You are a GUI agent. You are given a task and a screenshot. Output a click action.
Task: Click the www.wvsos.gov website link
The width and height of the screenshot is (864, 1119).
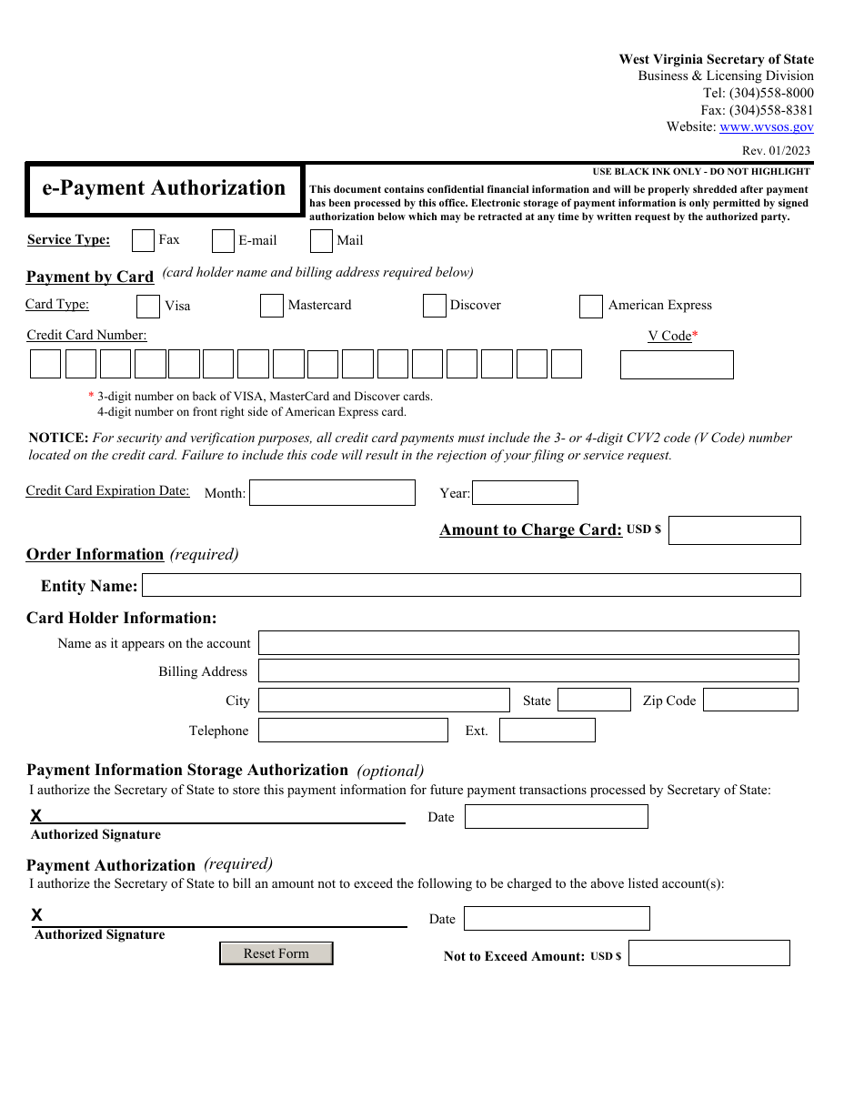coord(766,127)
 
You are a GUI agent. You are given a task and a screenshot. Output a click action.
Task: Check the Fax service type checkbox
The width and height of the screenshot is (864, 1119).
coord(143,241)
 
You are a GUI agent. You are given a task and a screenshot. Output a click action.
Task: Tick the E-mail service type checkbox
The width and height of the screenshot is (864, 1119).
coord(223,241)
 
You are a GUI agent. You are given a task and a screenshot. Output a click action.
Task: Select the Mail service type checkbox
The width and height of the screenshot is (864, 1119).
coord(321,241)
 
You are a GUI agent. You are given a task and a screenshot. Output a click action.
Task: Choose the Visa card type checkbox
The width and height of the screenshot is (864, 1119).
coord(148,307)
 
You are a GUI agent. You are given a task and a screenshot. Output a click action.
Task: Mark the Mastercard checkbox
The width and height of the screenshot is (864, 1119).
coord(271,306)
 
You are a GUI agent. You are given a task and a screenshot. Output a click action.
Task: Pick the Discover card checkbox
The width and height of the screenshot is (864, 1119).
coord(434,306)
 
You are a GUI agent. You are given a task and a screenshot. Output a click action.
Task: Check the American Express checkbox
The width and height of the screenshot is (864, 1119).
coord(590,307)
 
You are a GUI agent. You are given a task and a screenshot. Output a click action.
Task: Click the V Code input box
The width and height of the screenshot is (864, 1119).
coord(677,365)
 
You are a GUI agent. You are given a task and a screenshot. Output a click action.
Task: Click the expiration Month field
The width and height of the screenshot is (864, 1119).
coord(332,493)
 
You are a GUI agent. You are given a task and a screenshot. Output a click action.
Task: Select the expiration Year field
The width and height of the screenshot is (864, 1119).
coord(525,493)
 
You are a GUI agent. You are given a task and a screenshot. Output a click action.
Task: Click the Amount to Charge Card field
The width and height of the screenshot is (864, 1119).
coord(734,530)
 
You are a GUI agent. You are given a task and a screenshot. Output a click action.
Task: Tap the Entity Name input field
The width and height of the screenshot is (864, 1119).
coord(471,585)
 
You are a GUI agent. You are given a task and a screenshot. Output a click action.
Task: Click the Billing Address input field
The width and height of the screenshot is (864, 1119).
coord(528,671)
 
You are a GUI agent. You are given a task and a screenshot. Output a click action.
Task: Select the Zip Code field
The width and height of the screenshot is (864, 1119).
coord(750,700)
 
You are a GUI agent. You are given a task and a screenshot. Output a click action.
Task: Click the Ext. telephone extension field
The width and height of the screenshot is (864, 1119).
coord(547,731)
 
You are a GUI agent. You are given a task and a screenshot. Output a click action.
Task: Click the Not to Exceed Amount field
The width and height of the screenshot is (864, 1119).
coord(708,953)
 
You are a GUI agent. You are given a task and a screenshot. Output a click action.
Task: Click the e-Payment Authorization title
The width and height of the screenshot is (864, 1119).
coord(164,189)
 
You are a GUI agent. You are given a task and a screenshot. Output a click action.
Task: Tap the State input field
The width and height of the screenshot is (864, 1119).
coord(594,700)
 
